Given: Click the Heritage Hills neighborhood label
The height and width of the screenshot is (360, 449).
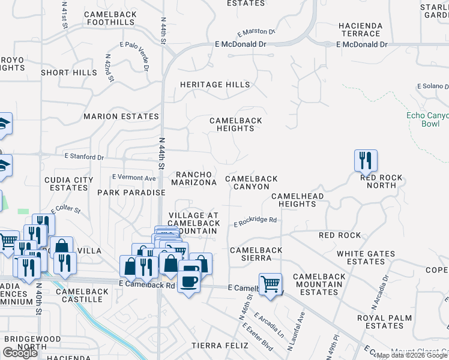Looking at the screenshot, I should tap(215, 85).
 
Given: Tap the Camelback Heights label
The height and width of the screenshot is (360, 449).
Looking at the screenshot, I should tap(235, 124).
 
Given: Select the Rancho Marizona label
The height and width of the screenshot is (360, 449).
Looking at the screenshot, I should tap(194, 178).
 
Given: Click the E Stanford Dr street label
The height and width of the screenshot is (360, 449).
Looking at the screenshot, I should tap(83, 157).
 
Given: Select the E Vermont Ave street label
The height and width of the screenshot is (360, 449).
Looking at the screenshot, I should tap(134, 178).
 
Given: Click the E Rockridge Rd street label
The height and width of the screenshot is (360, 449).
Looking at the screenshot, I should tap(255, 221).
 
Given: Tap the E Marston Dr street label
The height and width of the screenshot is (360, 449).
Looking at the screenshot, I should tap(256, 32).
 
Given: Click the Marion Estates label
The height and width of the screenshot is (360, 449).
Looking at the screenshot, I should tap(121, 116).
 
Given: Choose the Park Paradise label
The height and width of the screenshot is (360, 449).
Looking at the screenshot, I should tap(131, 193).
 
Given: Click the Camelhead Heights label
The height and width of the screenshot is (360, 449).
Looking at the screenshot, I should tap(297, 200).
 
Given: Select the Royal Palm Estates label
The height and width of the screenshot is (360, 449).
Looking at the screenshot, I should tap(384, 322).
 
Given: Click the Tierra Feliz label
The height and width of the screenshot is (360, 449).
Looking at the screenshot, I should tap(220, 346).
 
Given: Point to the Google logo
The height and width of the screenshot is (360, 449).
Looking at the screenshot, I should tap(20, 353).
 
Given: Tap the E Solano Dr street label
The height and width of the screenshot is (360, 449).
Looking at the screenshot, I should tap(433, 87).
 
